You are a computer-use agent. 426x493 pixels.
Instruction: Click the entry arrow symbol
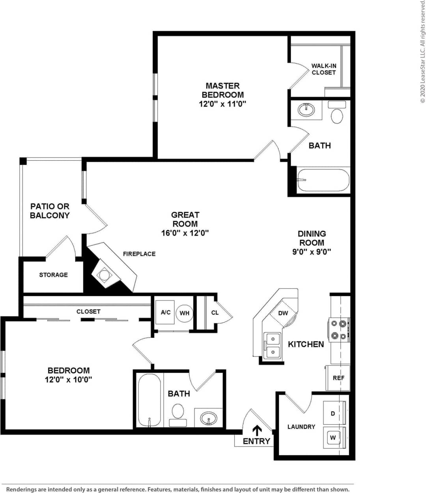[257, 430]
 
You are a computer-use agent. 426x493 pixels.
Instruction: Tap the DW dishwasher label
[283, 313]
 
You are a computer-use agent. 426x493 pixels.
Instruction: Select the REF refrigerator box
[338, 378]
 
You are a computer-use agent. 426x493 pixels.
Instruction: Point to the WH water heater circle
[184, 313]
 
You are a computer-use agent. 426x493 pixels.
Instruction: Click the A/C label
[166, 312]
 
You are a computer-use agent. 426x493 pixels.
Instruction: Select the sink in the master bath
[306, 109]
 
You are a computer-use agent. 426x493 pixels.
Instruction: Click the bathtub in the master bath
[323, 180]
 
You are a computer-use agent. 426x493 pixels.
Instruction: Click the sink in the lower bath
[208, 418]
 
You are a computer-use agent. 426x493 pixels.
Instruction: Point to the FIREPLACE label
[139, 254]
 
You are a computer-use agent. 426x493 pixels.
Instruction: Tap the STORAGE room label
[53, 275]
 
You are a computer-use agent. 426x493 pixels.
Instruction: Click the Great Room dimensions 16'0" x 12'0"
[185, 233]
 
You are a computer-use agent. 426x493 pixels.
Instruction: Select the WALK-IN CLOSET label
[323, 69]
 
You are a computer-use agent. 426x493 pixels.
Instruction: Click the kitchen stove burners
[339, 330]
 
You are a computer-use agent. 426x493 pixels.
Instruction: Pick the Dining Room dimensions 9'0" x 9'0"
[311, 252]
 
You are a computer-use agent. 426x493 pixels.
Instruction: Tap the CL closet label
[215, 313]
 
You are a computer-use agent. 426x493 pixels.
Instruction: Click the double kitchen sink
[272, 345]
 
